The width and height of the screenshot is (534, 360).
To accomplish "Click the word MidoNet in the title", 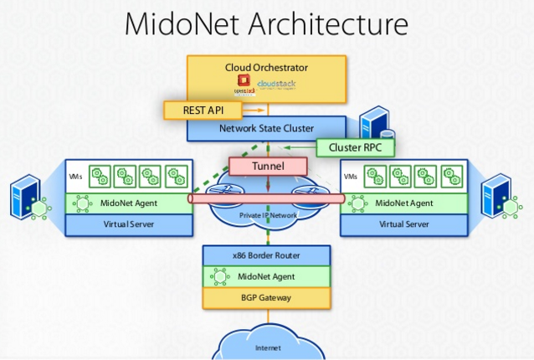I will [185, 23].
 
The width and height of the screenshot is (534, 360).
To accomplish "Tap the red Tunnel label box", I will [267, 167].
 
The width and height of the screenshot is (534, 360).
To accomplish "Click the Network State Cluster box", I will [266, 129].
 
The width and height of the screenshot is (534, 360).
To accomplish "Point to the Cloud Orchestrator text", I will [266, 67].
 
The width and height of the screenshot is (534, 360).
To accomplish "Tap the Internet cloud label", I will [268, 347].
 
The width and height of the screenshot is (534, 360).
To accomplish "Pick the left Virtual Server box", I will [129, 224].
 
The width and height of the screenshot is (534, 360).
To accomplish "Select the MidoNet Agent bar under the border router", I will [266, 275].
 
